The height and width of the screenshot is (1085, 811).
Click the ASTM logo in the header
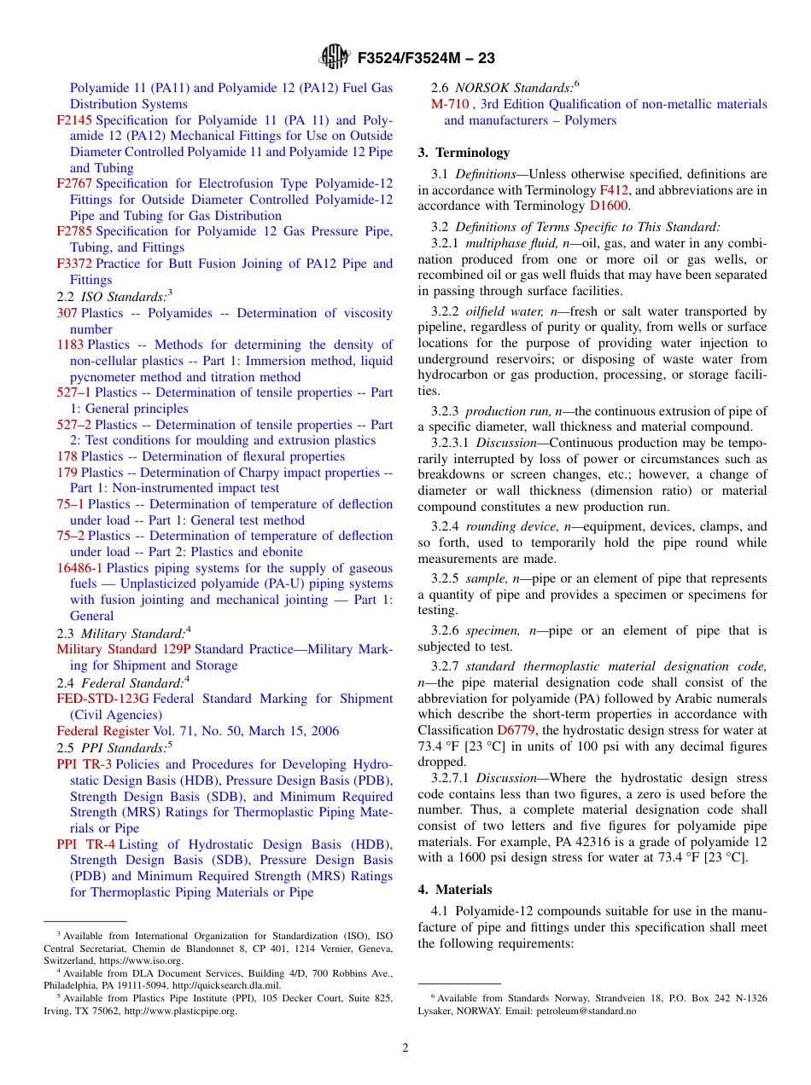click(334, 58)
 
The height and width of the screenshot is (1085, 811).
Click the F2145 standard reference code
click(74, 120)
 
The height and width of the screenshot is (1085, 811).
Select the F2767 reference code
click(74, 183)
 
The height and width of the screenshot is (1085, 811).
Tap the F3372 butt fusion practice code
click(74, 264)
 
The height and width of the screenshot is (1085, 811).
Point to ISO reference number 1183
click(70, 345)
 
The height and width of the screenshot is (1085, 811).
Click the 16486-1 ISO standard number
click(79, 568)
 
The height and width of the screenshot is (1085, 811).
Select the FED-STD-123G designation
click(102, 699)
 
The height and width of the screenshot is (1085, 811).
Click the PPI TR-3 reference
click(84, 764)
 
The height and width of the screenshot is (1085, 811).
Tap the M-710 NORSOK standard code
click(450, 104)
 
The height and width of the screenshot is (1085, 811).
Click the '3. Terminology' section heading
click(464, 153)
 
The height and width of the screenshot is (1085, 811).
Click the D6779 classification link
click(515, 730)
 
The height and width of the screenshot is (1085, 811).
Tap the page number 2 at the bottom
click(405, 1048)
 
